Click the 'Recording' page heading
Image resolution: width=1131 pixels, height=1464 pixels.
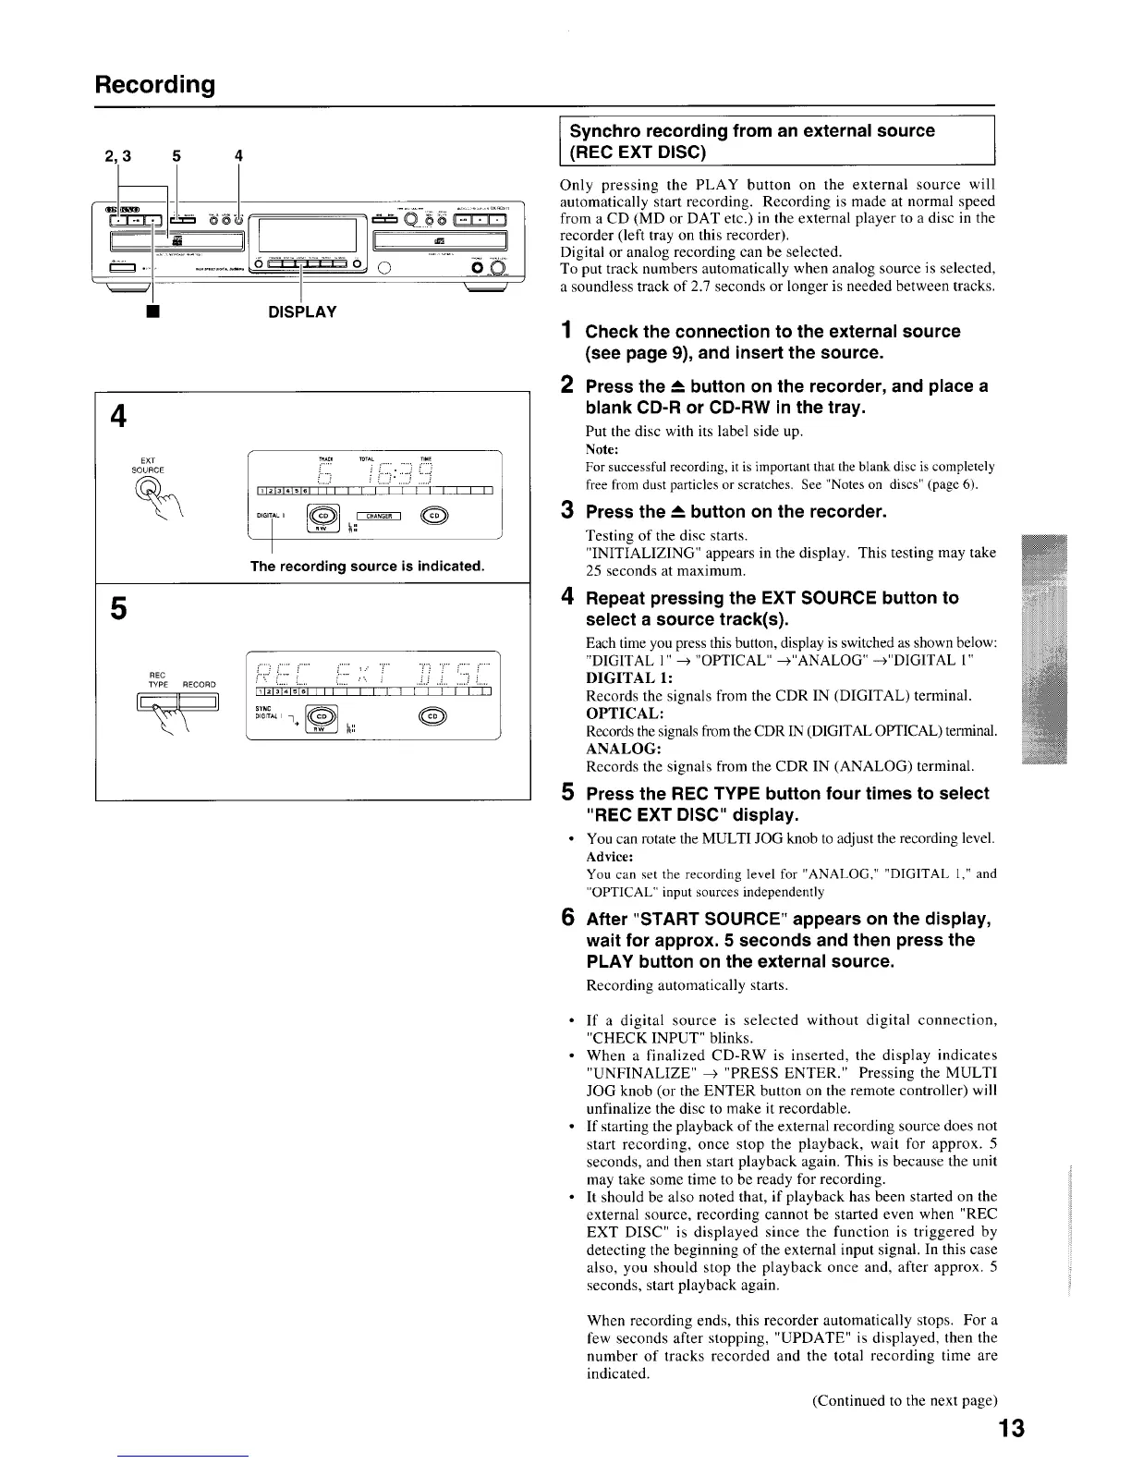154,85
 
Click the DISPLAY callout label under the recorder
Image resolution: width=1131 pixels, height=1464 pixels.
302,311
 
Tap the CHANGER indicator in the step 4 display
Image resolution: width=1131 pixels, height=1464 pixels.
374,516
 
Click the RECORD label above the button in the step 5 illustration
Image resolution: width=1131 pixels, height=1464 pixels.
199,684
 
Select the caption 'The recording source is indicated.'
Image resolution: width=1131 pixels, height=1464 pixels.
368,566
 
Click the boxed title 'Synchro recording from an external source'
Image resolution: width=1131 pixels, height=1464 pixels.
751,130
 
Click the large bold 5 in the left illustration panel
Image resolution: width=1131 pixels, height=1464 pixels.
117,609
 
